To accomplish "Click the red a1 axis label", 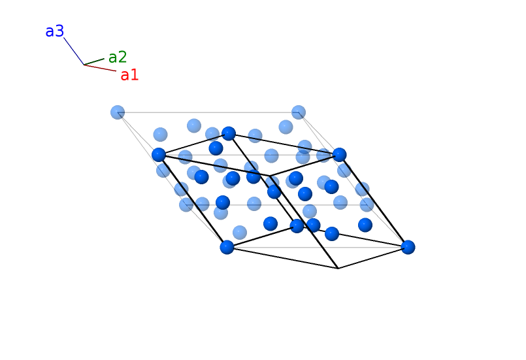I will [x=129, y=75].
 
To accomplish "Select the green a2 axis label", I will [x=118, y=57].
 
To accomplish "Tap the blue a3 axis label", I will [x=54, y=31].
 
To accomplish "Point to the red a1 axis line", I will [x=101, y=68].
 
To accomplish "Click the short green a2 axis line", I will [x=95, y=61].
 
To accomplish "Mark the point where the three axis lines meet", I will [x=84, y=65].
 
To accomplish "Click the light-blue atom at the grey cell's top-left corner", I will [x=118, y=112].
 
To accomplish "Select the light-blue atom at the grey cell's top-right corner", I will [x=299, y=112].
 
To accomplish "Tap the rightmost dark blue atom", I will [x=408, y=247].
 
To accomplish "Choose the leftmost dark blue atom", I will [x=159, y=155].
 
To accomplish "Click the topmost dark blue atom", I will [x=229, y=133].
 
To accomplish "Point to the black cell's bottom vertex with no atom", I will [x=338, y=268].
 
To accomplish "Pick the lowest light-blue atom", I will [x=240, y=233].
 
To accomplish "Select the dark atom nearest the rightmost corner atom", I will [x=365, y=225].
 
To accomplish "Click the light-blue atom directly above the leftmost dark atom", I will [x=160, y=135].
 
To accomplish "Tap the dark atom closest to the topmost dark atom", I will [x=216, y=148].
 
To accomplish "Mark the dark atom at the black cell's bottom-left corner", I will [x=227, y=247].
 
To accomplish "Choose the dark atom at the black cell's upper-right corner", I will [x=339, y=155].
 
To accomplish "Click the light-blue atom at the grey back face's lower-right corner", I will [x=367, y=205].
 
